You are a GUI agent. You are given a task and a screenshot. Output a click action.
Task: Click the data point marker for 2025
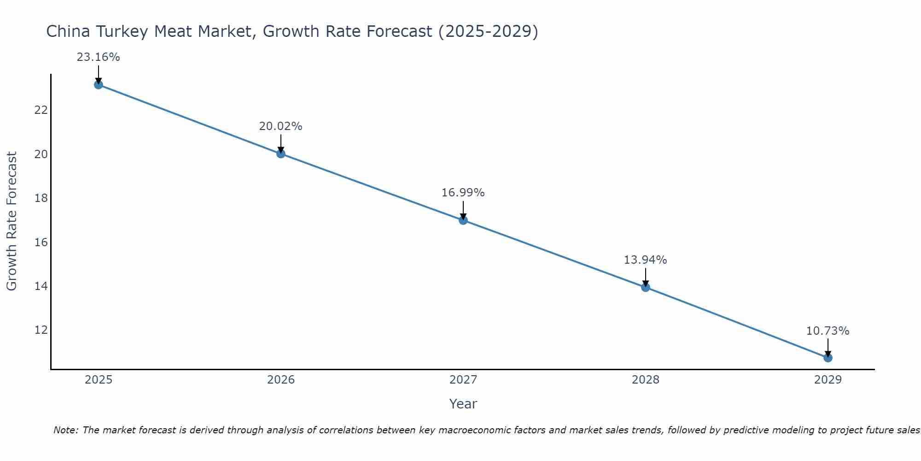pos(98,85)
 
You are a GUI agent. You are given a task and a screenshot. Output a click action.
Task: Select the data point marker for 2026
pos(281,154)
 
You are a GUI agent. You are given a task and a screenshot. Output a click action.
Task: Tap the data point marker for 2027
pos(463,220)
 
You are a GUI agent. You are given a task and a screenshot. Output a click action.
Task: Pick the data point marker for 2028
pos(646,287)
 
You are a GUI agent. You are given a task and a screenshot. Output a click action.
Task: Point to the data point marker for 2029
pos(828,358)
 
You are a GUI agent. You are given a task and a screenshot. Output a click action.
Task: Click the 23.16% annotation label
pos(98,57)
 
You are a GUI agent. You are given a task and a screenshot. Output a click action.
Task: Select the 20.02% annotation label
pos(280,126)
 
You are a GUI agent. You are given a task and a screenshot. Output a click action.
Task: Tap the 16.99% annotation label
pos(463,193)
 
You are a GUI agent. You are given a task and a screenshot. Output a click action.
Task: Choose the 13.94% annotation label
pos(645,260)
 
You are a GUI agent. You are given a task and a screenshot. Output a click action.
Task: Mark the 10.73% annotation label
pos(828,331)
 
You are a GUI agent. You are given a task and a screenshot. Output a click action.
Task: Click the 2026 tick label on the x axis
pos(281,380)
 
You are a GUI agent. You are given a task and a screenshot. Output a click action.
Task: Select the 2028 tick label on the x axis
pos(646,380)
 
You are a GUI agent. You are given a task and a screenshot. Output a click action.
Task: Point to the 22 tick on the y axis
pos(41,110)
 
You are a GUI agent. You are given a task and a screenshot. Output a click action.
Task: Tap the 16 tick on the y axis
pos(41,242)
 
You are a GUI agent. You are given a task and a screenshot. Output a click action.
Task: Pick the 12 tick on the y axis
pos(41,330)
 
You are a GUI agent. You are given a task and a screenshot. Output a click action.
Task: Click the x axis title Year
pos(463,404)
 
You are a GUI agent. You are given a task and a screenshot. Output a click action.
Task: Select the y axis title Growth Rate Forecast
pos(12,221)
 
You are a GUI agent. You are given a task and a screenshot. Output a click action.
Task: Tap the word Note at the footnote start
pos(66,430)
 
